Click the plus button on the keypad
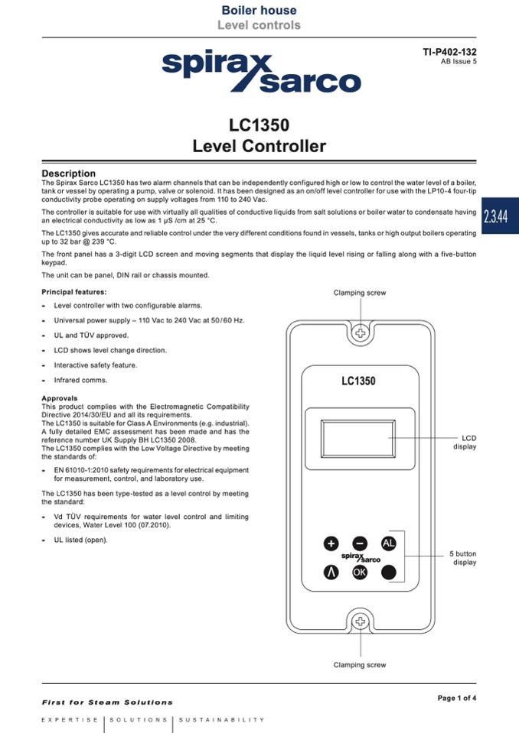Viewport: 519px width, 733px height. click(x=331, y=543)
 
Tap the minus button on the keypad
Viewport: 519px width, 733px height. click(x=360, y=543)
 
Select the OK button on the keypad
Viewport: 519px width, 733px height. click(x=360, y=572)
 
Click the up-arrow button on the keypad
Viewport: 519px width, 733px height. click(x=331, y=572)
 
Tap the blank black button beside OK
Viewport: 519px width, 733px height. click(x=389, y=572)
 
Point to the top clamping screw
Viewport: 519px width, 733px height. click(x=360, y=333)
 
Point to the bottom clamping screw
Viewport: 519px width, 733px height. click(x=360, y=621)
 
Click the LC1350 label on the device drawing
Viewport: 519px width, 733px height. click(x=359, y=381)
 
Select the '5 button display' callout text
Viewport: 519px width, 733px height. click(x=463, y=558)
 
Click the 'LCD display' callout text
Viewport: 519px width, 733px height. click(x=465, y=443)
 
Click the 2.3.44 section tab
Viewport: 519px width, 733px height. click(x=501, y=216)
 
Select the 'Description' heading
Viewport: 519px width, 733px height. click(x=69, y=174)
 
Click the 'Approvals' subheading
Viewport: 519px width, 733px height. click(x=60, y=398)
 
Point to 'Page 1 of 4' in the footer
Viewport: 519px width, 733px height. click(x=456, y=697)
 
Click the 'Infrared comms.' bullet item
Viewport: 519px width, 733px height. click(x=80, y=380)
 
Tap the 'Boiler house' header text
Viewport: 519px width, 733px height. click(x=259, y=11)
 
